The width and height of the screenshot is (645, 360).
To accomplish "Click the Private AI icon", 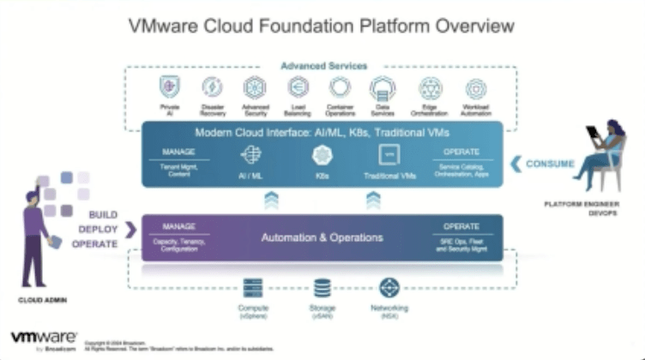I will (169, 87).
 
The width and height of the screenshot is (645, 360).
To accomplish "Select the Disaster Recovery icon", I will (212, 87).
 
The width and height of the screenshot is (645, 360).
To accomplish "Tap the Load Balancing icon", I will (298, 87).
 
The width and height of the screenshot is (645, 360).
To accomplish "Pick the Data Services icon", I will (383, 87).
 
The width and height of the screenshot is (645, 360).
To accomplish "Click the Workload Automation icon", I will (475, 87).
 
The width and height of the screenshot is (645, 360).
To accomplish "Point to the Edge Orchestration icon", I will (430, 87).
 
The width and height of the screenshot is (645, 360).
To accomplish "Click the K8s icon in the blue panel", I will (322, 155).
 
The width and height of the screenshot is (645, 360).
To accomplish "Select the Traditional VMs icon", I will (389, 155).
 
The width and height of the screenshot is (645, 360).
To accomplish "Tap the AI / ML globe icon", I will (251, 155).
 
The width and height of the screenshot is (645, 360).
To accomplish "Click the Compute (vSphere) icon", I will (252, 287).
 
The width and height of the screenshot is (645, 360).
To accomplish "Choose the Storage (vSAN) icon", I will (322, 287).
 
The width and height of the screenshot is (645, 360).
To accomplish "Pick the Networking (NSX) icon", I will (389, 287).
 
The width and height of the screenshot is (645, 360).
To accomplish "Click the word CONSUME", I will (550, 163).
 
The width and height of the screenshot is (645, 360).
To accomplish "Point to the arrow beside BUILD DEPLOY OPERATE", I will (131, 229).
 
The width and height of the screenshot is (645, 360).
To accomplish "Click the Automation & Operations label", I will (322, 237).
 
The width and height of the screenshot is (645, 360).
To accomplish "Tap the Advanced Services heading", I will (323, 65).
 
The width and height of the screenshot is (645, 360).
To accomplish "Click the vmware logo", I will (44, 337).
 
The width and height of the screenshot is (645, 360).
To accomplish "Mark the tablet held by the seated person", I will (593, 134).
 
